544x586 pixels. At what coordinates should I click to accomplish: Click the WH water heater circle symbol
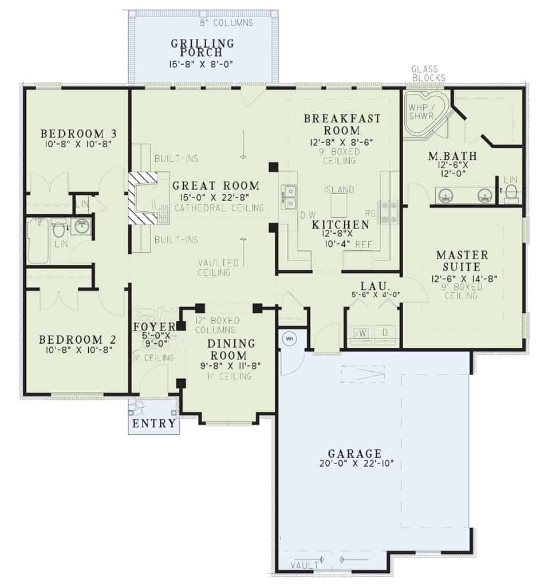click(x=289, y=339)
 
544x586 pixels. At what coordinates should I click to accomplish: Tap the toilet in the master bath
click(x=511, y=192)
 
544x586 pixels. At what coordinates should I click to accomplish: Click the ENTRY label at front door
click(x=154, y=424)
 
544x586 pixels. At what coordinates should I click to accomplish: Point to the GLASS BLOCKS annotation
click(x=428, y=74)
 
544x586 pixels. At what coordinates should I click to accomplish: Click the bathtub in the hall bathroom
click(x=38, y=241)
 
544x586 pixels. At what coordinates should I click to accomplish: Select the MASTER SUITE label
click(x=462, y=260)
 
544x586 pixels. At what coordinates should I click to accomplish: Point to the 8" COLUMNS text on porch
click(x=226, y=23)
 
